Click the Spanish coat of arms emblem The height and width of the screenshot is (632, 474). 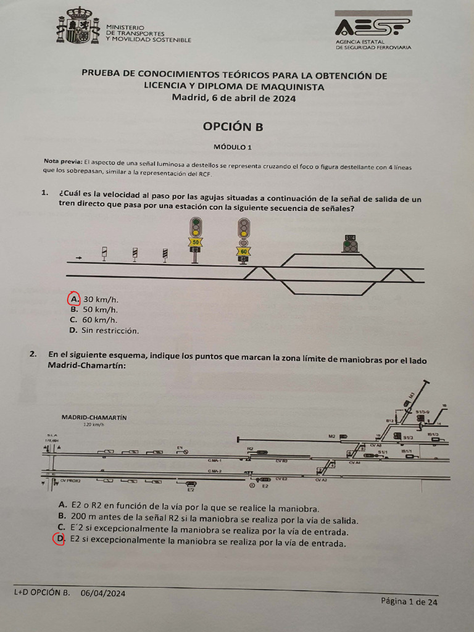78,26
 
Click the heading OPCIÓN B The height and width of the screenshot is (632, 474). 233,127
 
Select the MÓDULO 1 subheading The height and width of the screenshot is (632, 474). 233,147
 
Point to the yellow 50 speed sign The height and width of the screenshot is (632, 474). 196,243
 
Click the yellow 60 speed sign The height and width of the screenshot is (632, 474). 244,251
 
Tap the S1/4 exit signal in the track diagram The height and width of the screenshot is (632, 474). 350,238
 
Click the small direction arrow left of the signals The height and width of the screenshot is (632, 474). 78,257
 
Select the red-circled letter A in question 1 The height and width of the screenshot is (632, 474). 73,299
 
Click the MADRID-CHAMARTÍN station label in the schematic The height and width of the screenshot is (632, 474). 94,417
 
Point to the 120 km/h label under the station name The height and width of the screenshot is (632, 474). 94,425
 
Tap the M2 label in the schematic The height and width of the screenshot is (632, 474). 331,436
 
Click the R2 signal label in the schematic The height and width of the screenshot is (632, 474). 251,449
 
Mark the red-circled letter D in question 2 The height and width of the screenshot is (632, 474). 59,539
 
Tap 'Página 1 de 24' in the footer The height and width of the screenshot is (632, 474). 409,602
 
